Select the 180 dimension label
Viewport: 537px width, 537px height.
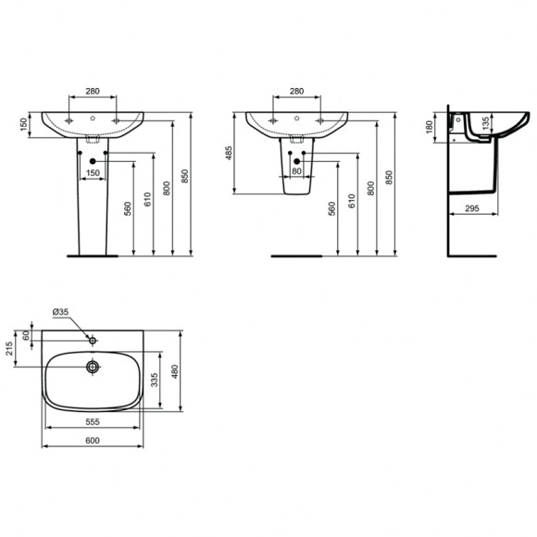(x=430, y=127)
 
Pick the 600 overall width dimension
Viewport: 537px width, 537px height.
(x=92, y=441)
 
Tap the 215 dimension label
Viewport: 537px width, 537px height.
(x=9, y=351)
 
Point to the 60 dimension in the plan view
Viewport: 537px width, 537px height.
(x=28, y=335)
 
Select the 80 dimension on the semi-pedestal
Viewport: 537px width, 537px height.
(x=297, y=171)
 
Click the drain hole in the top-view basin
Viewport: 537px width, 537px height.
(x=93, y=367)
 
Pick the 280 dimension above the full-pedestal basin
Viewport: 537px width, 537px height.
(x=93, y=92)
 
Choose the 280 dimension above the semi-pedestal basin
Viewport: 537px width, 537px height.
(x=296, y=92)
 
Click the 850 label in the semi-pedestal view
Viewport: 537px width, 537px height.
(x=389, y=176)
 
